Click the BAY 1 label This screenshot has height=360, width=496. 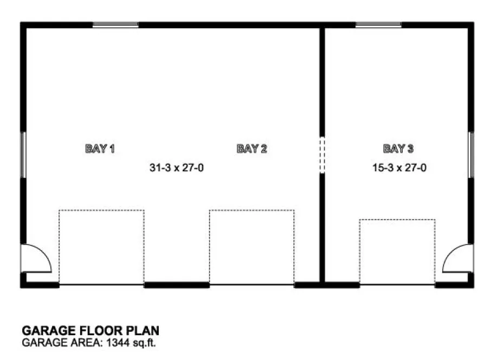point(100,149)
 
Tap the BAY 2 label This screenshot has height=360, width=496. point(252,149)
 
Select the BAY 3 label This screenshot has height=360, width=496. point(398,149)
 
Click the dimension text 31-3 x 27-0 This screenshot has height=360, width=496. point(177,168)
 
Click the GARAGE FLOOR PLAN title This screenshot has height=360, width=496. point(90,330)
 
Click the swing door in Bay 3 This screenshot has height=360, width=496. point(455,259)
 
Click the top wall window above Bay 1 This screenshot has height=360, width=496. point(115,24)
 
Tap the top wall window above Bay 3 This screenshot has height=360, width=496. point(378,24)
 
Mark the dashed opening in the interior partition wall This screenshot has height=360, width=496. point(321,155)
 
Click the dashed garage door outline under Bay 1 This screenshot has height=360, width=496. point(101,247)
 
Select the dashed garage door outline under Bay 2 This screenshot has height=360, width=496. point(252,247)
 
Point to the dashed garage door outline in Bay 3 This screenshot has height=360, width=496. point(397,251)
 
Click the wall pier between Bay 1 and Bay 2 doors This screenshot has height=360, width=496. point(177,284)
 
